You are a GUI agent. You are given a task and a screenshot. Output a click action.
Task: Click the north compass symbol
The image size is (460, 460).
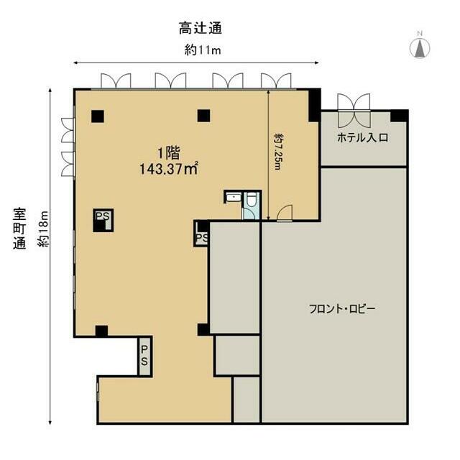420,47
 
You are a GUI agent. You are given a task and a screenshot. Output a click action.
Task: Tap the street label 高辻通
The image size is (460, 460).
201,29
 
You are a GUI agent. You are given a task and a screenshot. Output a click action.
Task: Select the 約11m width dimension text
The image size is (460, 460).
203,50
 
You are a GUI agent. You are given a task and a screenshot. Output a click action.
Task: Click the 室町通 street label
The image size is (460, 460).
19,229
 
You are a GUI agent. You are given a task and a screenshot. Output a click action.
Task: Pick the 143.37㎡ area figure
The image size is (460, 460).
168,169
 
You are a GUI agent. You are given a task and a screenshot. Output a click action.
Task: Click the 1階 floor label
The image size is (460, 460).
169,153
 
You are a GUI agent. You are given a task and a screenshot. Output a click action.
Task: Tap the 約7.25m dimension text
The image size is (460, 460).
278,152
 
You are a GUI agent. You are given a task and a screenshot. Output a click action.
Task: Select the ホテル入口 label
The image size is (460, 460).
363,137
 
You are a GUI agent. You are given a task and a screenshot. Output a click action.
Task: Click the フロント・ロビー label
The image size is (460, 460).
342,309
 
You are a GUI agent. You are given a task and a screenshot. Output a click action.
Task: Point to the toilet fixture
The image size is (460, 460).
251,200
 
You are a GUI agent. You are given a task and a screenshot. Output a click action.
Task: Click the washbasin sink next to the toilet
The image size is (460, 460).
233,197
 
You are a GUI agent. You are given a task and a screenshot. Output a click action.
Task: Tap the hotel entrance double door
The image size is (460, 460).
354,110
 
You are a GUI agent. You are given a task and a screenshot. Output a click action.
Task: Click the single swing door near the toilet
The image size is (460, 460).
285,213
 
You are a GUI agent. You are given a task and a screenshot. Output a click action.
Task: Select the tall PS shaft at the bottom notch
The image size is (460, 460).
144,356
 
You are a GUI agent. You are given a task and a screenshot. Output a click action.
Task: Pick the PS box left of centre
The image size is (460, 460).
103,221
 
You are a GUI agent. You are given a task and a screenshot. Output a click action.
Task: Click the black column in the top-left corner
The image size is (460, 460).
98,116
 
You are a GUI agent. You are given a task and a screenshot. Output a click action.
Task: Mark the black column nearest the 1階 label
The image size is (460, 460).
203,116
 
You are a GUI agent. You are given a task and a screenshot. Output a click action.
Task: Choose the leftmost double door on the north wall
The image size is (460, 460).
116,81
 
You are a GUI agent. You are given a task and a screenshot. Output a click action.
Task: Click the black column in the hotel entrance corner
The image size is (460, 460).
399,116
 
